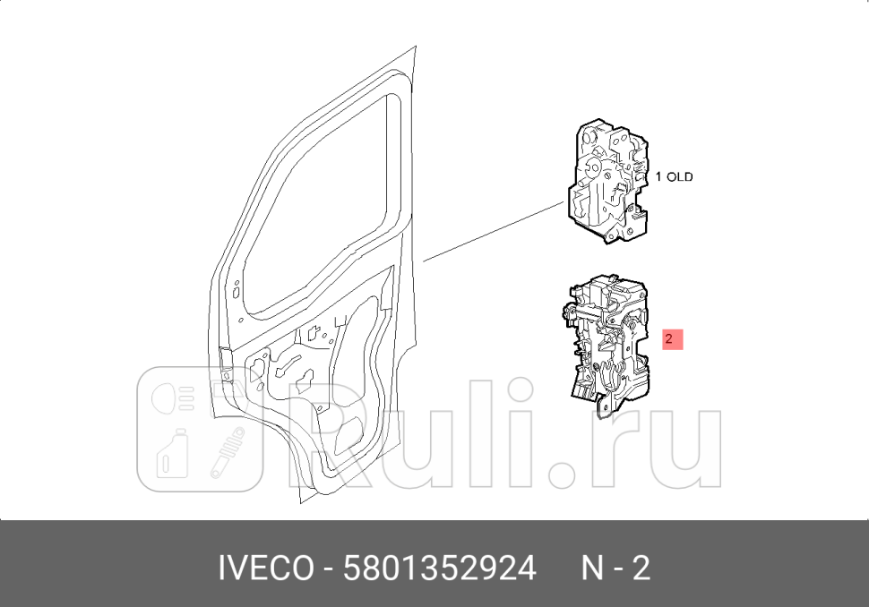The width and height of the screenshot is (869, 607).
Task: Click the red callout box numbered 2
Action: pyautogui.click(x=673, y=339)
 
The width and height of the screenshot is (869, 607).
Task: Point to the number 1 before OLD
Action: pyautogui.click(x=659, y=177)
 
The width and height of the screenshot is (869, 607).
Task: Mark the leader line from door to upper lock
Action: pyautogui.click(x=493, y=232)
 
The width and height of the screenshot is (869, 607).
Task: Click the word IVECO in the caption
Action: pyautogui.click(x=266, y=568)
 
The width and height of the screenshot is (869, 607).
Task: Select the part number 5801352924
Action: pyautogui.click(x=440, y=568)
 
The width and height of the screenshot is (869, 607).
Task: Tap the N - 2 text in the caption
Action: pyautogui.click(x=615, y=568)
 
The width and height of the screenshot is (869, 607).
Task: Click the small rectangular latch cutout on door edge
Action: pyautogui.click(x=224, y=355)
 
